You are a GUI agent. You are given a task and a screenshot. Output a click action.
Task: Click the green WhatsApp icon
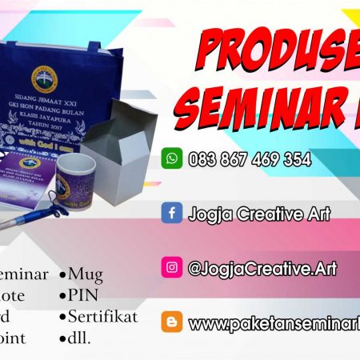(x=172, y=158)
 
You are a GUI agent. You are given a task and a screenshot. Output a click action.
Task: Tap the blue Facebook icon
(x=171, y=214)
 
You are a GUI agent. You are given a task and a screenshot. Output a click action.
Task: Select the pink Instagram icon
(x=171, y=267)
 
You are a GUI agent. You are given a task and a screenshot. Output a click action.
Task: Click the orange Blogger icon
(x=171, y=322)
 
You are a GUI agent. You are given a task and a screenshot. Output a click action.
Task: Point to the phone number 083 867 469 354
(x=250, y=159)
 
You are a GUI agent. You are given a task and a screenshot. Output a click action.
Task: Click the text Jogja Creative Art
(x=258, y=214)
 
